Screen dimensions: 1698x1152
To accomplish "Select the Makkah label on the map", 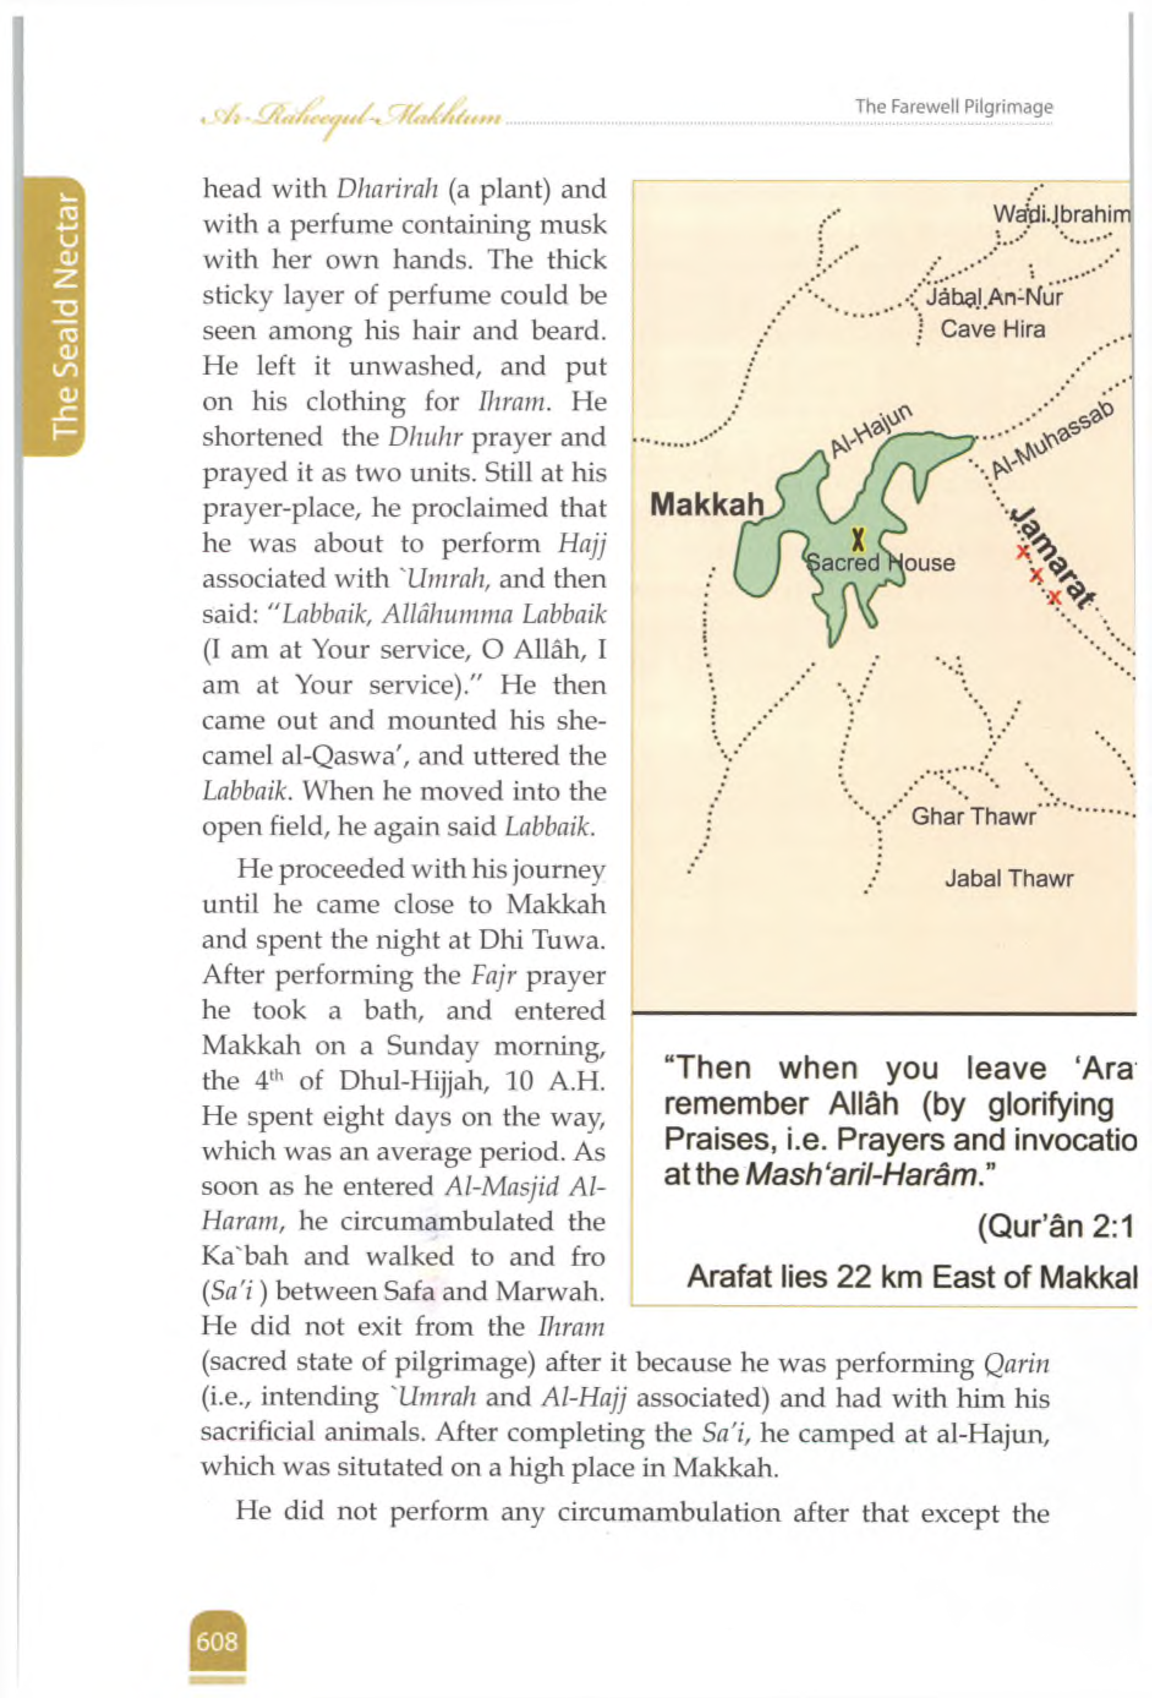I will click(x=706, y=504).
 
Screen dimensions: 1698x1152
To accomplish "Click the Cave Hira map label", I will click(x=992, y=329).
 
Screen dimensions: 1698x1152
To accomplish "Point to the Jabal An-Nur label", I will click(x=993, y=297).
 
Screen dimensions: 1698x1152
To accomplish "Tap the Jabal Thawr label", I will click(x=1008, y=878).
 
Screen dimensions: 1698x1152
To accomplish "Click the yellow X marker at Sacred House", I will click(x=858, y=540).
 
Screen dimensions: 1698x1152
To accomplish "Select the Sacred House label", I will click(x=880, y=563).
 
